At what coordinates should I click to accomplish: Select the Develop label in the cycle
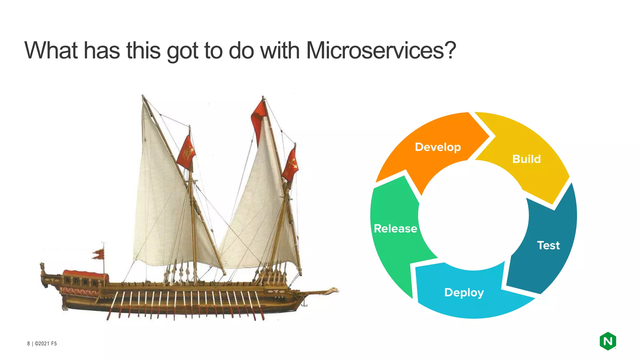pyautogui.click(x=437, y=147)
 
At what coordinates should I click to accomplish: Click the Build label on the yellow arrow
pyautogui.click(x=526, y=159)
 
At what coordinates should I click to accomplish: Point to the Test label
pyautogui.click(x=548, y=245)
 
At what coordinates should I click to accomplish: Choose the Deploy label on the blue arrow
pyautogui.click(x=464, y=292)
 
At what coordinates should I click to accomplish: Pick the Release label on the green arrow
pyautogui.click(x=395, y=228)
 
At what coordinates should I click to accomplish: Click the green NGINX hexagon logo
pyautogui.click(x=607, y=341)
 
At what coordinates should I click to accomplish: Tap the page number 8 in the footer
pyautogui.click(x=28, y=343)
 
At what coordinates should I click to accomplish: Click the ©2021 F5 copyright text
pyautogui.click(x=46, y=343)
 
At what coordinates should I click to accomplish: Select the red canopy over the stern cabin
pyautogui.click(x=86, y=275)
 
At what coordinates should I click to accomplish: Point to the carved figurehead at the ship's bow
pyautogui.click(x=333, y=291)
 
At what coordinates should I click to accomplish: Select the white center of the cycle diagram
pyautogui.click(x=473, y=216)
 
